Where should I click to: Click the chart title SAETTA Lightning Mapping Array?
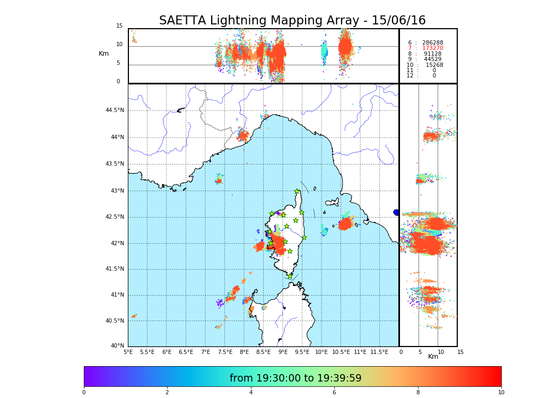[x=292, y=21]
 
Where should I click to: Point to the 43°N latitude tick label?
[x=116, y=191]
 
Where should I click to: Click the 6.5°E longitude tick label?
[x=186, y=352]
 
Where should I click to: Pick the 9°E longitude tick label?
[x=283, y=352]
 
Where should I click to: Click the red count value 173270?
[x=432, y=48]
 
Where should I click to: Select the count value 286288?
[x=432, y=42]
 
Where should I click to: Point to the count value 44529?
[x=432, y=59]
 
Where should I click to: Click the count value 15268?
[x=434, y=65]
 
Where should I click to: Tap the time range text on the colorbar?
[x=295, y=378]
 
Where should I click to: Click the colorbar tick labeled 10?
[x=501, y=392]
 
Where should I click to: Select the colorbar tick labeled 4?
[x=251, y=392]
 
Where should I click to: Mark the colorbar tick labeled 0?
[x=84, y=392]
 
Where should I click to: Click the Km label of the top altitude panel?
[x=103, y=54]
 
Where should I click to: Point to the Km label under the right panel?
[x=433, y=357]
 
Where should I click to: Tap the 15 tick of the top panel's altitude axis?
[x=119, y=26]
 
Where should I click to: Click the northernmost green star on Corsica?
[x=297, y=192]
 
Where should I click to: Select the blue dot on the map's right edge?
[x=396, y=212]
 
